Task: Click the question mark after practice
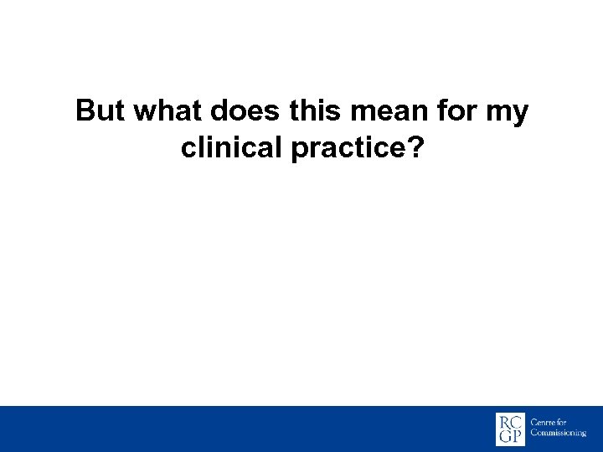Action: point(415,148)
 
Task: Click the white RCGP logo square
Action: point(511,429)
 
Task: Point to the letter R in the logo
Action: point(504,420)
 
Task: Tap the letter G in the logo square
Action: point(504,437)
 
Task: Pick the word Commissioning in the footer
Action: point(559,434)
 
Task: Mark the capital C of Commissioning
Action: point(534,434)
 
